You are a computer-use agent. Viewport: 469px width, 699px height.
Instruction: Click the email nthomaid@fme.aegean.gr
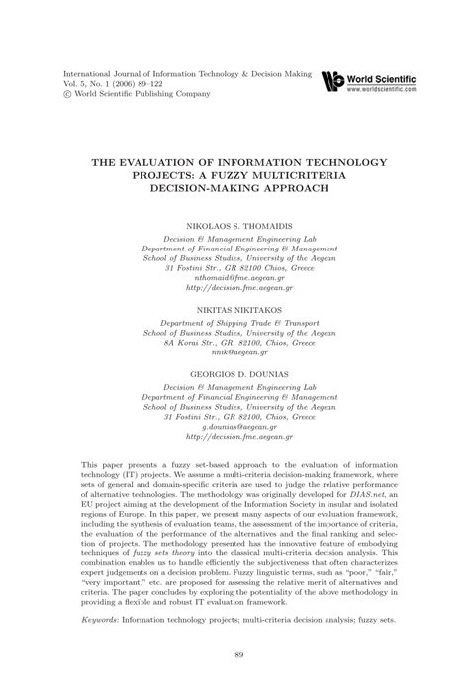coord(234,250)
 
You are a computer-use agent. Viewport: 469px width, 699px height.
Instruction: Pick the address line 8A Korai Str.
coord(234,318)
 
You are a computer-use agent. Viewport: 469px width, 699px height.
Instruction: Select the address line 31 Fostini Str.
coord(234,240)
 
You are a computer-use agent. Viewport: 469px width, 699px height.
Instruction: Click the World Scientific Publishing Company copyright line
coord(137,95)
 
